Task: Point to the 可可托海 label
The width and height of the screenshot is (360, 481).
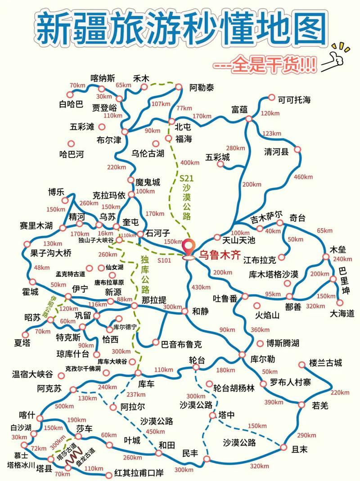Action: coord(294,99)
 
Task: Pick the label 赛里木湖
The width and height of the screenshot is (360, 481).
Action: coord(36,225)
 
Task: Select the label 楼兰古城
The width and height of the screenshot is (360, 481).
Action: coord(326,363)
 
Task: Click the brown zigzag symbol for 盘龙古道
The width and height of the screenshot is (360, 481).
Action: coord(74,452)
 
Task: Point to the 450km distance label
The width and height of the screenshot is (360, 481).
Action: coord(155,432)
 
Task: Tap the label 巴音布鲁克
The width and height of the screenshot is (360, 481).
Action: coord(181,344)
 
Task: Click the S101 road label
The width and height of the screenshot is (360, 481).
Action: coord(165,260)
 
